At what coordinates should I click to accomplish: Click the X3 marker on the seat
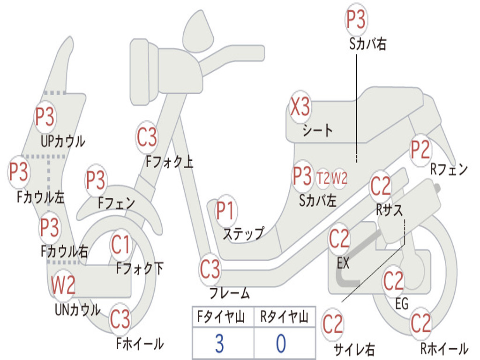click(x=300, y=107)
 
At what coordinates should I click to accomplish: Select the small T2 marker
click(x=323, y=178)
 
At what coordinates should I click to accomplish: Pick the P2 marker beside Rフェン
click(x=420, y=150)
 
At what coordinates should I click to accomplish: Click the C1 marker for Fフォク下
click(x=121, y=244)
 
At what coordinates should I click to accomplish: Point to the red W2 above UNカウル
click(x=63, y=285)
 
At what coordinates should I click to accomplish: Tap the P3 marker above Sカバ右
click(x=356, y=19)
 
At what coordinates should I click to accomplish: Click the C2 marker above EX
click(x=339, y=240)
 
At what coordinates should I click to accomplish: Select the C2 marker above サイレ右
click(x=333, y=324)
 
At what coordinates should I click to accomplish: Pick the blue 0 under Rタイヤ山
click(x=281, y=344)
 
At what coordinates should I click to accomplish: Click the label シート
click(x=317, y=130)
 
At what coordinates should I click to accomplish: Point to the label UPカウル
click(x=63, y=141)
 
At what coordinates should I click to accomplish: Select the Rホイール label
click(x=444, y=348)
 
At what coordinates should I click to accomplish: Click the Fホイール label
click(x=140, y=344)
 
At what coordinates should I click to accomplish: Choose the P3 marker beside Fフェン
click(x=96, y=180)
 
